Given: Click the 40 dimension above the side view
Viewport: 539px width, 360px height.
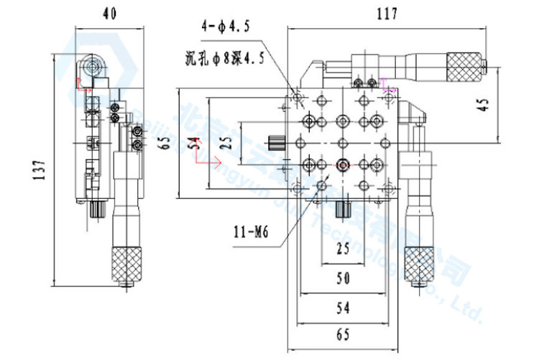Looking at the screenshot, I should (x=109, y=13).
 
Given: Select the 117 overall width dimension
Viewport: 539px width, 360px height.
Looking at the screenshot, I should (x=387, y=13).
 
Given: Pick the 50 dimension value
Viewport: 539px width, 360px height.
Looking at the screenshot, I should (x=343, y=278).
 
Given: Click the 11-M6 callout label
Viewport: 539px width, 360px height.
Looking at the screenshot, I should (x=250, y=231).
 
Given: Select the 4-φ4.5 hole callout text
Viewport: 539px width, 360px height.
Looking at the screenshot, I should (x=226, y=28).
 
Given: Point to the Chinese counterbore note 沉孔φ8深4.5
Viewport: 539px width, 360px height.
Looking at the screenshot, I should (x=224, y=59).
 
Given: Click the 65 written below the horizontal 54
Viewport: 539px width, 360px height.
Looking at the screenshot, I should (x=343, y=334).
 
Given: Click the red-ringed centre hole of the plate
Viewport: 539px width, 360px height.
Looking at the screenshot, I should (x=342, y=165).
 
